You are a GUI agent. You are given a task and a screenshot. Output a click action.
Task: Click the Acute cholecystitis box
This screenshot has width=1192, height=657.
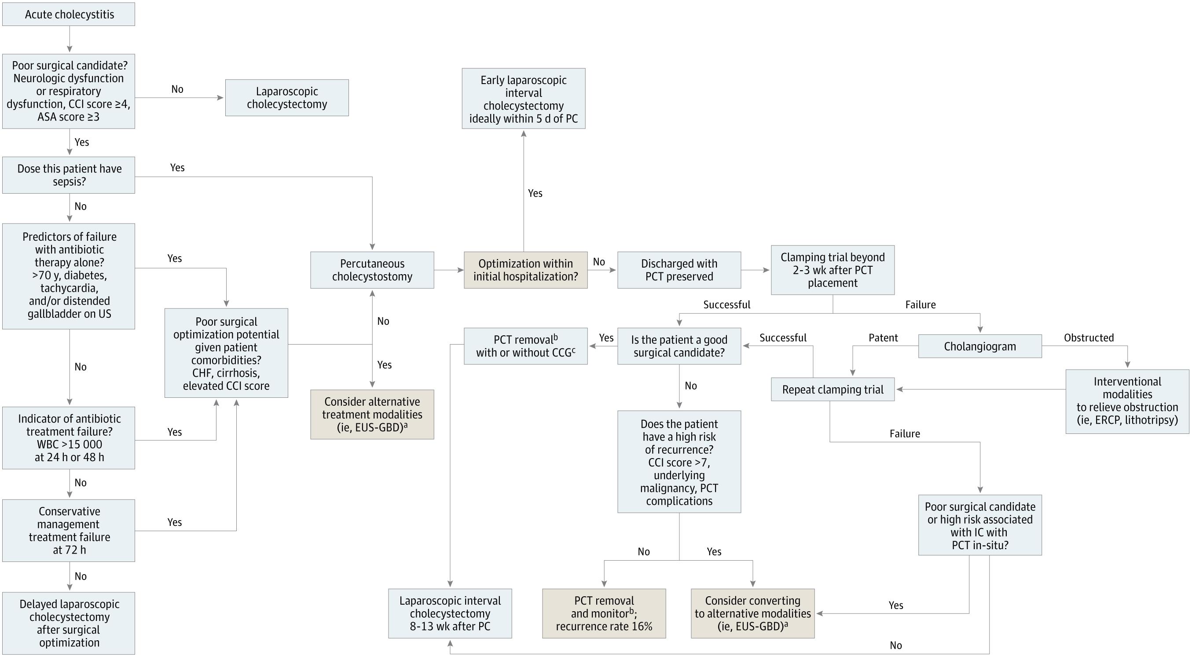pos(69,15)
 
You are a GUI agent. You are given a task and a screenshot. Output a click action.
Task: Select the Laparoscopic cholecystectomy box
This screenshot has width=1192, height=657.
pos(287,98)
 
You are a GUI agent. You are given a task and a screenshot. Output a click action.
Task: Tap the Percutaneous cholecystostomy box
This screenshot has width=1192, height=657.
pos(372,270)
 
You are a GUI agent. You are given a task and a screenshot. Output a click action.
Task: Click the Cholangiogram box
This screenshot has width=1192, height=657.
pos(979,346)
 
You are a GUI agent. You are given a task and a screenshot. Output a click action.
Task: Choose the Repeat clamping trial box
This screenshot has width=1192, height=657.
pos(833,389)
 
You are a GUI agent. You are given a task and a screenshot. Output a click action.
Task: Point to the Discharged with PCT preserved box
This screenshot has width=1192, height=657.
pos(679,270)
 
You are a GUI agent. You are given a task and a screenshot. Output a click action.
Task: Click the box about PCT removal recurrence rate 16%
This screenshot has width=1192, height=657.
pos(604,613)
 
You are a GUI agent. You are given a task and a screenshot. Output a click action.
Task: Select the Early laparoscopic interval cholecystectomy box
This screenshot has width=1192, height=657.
pos(523,99)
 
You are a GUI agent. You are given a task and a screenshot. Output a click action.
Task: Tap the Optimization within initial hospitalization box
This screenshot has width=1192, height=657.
pos(525,270)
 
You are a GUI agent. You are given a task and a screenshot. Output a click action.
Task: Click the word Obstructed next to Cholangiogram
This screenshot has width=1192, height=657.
pos(1088,338)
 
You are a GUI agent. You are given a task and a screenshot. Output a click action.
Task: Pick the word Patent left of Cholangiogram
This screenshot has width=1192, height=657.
pos(883,338)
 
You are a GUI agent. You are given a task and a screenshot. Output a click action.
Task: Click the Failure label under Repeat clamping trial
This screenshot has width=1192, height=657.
pos(905,433)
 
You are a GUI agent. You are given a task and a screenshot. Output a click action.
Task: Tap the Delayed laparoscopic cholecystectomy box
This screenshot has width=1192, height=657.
pos(69,623)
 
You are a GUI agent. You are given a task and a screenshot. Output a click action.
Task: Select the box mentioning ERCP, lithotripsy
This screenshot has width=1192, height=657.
pos(1127,401)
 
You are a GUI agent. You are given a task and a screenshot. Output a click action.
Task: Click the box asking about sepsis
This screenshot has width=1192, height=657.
pos(69,175)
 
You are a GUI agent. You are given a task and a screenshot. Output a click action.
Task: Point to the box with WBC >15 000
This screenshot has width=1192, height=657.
pos(69,438)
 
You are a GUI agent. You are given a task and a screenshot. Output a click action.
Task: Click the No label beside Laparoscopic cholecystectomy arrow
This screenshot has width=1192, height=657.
pos(177,89)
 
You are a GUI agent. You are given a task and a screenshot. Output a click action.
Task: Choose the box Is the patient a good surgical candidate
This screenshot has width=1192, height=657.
pos(679,346)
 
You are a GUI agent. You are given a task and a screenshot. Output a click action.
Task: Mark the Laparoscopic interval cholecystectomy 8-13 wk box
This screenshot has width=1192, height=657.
pos(450,613)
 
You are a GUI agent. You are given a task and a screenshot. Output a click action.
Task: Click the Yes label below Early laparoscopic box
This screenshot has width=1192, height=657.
pos(535,193)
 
